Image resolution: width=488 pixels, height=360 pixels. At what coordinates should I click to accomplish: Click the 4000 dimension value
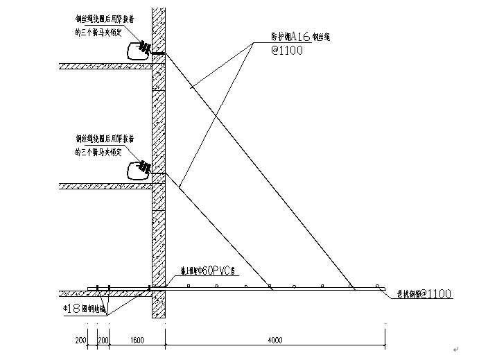click(275, 339)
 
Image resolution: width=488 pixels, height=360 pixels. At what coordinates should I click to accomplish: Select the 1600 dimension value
click(137, 339)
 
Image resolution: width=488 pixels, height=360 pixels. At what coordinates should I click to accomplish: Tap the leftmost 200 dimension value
click(80, 339)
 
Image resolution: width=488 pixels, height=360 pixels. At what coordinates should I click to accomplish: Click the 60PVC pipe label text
click(219, 271)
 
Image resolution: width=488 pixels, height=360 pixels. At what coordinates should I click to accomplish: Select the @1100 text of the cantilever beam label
click(436, 294)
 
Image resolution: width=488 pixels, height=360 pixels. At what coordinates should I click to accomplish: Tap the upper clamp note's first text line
click(107, 21)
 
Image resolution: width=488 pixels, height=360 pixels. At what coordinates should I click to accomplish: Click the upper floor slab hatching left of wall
click(105, 67)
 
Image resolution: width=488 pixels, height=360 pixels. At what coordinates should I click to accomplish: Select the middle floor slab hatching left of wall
click(105, 185)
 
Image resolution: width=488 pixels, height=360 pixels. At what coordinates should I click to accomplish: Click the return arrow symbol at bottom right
click(455, 349)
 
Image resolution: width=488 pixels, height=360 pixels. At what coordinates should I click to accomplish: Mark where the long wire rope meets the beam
click(352, 286)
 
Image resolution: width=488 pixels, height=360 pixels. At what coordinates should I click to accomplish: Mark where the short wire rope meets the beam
click(271, 286)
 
